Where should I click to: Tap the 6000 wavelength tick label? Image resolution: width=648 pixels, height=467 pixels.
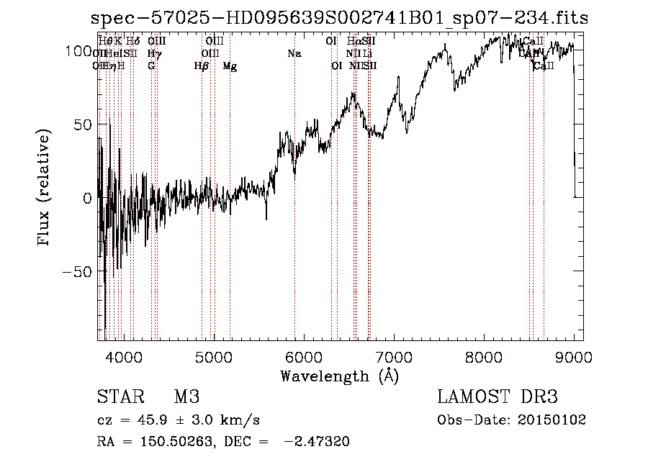point(303,356)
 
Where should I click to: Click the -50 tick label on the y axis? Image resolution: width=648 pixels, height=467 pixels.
point(76,271)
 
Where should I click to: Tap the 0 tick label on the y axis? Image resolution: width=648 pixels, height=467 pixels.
point(87,197)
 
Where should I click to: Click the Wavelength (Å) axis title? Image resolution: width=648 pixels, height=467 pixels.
point(339,376)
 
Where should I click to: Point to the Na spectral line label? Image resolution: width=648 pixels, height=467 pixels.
point(294,54)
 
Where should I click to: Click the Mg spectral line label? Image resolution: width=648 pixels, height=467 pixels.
point(230,66)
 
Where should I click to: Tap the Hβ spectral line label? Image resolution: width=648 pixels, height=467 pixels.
point(202,66)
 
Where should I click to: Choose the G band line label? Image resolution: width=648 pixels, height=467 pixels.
point(151,66)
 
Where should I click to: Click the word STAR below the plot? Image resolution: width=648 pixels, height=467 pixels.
point(119,397)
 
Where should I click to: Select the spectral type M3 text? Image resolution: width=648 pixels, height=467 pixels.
point(186,397)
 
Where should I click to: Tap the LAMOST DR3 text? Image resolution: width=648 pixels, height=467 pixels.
point(498,397)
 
